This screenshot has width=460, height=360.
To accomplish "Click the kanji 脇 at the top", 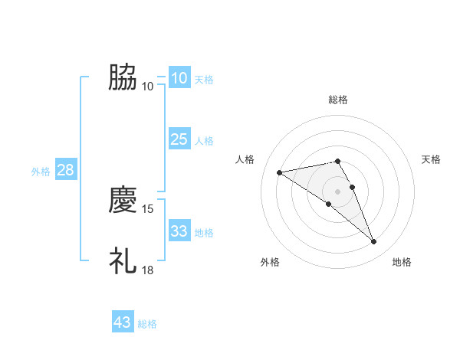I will pyautogui.click(x=123, y=77).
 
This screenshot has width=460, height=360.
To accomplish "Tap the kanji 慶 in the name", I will pyautogui.click(x=123, y=201).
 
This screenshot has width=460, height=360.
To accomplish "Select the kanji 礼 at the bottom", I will pyautogui.click(x=123, y=261).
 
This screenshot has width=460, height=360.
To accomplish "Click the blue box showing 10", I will pyautogui.click(x=179, y=78).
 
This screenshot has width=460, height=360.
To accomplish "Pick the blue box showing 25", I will pyautogui.click(x=179, y=139).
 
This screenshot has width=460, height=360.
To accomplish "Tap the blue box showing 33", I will pyautogui.click(x=179, y=231).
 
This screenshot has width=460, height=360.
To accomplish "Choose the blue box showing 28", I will pyautogui.click(x=65, y=170).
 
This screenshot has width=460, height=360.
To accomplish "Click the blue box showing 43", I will pyautogui.click(x=123, y=322).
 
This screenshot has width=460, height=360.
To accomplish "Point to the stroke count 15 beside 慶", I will pyautogui.click(x=148, y=208).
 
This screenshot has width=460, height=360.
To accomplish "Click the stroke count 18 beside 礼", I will pyautogui.click(x=148, y=270).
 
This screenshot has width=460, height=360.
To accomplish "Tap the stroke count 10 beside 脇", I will pyautogui.click(x=148, y=86).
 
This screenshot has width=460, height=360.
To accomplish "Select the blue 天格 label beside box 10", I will pyautogui.click(x=204, y=79).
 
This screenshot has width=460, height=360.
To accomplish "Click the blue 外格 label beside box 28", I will pyautogui.click(x=41, y=172).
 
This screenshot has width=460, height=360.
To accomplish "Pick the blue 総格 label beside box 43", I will pyautogui.click(x=147, y=324).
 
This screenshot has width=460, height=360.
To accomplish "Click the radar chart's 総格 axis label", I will pyautogui.click(x=338, y=100).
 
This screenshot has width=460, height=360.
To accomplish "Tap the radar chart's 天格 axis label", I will pyautogui.click(x=431, y=159).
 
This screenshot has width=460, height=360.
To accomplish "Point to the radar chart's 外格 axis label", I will pyautogui.click(x=270, y=262).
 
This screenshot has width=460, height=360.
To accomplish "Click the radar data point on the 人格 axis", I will pyautogui.click(x=279, y=172).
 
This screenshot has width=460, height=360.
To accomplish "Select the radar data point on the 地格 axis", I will pyautogui.click(x=374, y=242).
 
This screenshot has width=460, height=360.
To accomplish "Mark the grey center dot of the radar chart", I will pyautogui.click(x=338, y=191).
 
